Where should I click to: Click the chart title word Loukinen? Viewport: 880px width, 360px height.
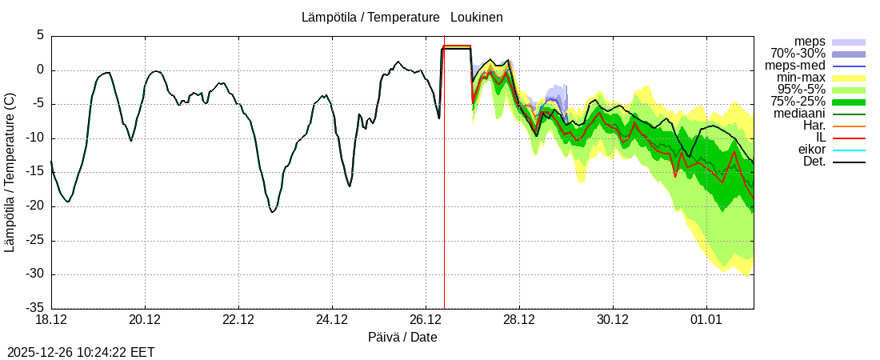[476, 17]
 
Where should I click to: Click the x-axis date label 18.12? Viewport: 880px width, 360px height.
[51, 320]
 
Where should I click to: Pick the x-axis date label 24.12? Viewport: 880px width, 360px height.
[332, 320]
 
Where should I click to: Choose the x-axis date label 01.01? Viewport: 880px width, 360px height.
[706, 320]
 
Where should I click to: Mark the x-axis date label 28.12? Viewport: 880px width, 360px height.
[519, 320]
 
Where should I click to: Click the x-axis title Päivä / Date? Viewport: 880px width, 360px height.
[402, 337]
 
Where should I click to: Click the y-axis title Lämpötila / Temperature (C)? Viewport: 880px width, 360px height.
[10, 172]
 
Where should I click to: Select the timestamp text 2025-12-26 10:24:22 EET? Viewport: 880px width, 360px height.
[81, 352]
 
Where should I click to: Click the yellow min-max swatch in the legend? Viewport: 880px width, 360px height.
[849, 78]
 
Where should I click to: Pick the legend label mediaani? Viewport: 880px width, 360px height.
[799, 114]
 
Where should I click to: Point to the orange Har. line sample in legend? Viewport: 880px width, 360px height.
[849, 126]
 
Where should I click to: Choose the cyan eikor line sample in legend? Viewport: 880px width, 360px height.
[849, 150]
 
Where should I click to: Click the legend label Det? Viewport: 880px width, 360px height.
[814, 162]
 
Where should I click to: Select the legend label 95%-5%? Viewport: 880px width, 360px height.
[801, 90]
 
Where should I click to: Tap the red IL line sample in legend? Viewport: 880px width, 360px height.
[849, 138]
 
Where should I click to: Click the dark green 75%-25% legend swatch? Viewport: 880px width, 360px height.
[849, 102]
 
